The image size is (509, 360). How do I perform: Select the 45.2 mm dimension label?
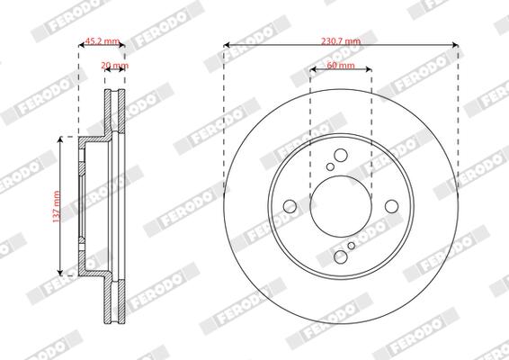(x=102, y=41)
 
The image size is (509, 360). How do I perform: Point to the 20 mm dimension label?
(x=114, y=67)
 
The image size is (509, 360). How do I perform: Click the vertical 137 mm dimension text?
(x=56, y=206)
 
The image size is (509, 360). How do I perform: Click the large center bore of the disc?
(x=341, y=206)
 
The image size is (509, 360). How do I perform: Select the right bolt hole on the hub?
(x=392, y=207)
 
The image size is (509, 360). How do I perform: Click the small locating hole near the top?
(x=331, y=166)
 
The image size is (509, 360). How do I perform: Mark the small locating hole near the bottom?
(x=351, y=247)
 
